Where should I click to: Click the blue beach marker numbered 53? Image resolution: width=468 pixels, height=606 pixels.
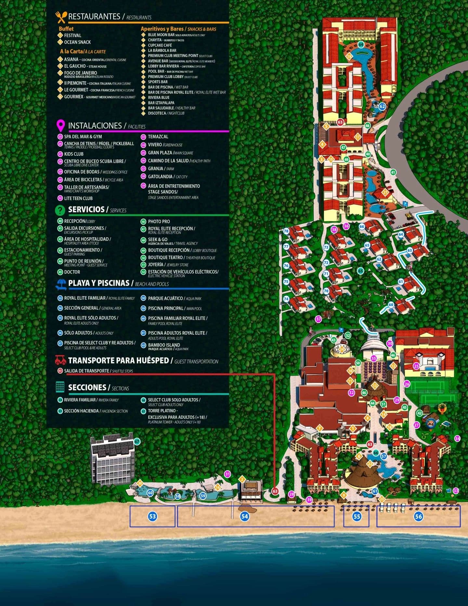152,516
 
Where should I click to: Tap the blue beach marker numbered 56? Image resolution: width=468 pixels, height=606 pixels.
418,516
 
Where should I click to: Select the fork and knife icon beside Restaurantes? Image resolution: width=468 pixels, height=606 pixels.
61,17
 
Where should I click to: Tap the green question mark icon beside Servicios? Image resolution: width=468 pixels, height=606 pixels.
60,210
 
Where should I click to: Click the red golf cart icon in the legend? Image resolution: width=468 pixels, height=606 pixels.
60,360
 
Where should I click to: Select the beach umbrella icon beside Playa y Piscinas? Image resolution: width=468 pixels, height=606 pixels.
61,284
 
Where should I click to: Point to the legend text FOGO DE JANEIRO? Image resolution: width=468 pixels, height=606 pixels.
80,73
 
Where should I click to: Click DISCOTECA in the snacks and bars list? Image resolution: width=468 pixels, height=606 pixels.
157,113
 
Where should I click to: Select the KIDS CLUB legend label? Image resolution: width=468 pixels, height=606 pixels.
74,154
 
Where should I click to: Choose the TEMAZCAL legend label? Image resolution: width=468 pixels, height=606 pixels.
158,137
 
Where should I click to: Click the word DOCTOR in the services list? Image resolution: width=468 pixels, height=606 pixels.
72,272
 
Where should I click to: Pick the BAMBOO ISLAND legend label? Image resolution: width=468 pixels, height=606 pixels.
164,345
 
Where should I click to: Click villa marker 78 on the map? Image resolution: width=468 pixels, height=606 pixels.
286,231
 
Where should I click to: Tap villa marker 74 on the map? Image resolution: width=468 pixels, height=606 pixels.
286,299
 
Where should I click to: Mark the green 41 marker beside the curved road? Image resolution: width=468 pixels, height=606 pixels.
393,172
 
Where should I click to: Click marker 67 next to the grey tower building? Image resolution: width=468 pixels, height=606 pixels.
137,441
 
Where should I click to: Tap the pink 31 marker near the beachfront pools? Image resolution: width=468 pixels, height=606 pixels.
227,474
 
